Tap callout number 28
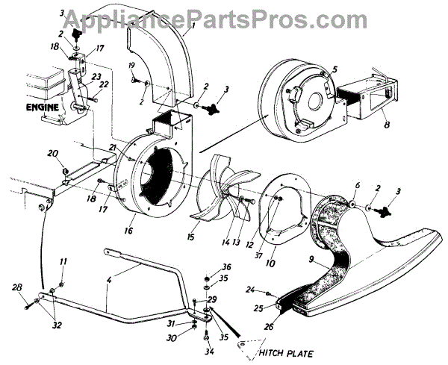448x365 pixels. (17, 287)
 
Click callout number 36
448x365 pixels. (226, 266)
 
